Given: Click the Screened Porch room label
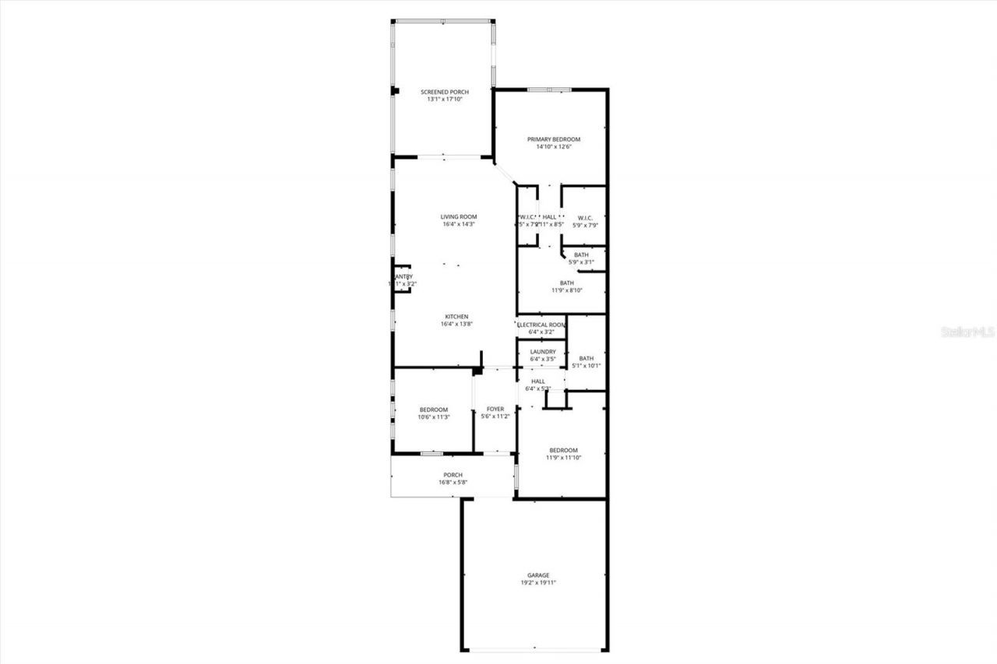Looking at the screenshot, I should (445, 92).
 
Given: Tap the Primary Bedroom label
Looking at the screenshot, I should (554, 139).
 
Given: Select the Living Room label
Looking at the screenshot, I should (459, 216).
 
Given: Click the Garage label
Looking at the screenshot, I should (538, 574).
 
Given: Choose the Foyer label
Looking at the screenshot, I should (495, 409).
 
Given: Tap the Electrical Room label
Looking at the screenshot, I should (541, 325).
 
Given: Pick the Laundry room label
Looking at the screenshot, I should (543, 351).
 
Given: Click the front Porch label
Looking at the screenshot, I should (453, 475).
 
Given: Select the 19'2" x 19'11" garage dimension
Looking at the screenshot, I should (538, 582).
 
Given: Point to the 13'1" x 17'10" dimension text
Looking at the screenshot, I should (445, 100).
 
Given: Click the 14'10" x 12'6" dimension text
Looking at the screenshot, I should (554, 147).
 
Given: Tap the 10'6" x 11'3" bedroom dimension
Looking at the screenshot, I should (434, 417).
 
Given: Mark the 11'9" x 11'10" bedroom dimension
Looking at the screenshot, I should (563, 458).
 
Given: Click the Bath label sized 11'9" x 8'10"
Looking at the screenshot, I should (566, 283).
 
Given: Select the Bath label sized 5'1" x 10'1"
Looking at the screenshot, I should (586, 358).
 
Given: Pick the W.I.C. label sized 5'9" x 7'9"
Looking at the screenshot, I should (586, 217).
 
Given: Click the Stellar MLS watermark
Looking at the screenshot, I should (968, 332).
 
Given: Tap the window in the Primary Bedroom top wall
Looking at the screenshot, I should (550, 90).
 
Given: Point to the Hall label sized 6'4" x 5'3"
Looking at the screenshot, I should (537, 381).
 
